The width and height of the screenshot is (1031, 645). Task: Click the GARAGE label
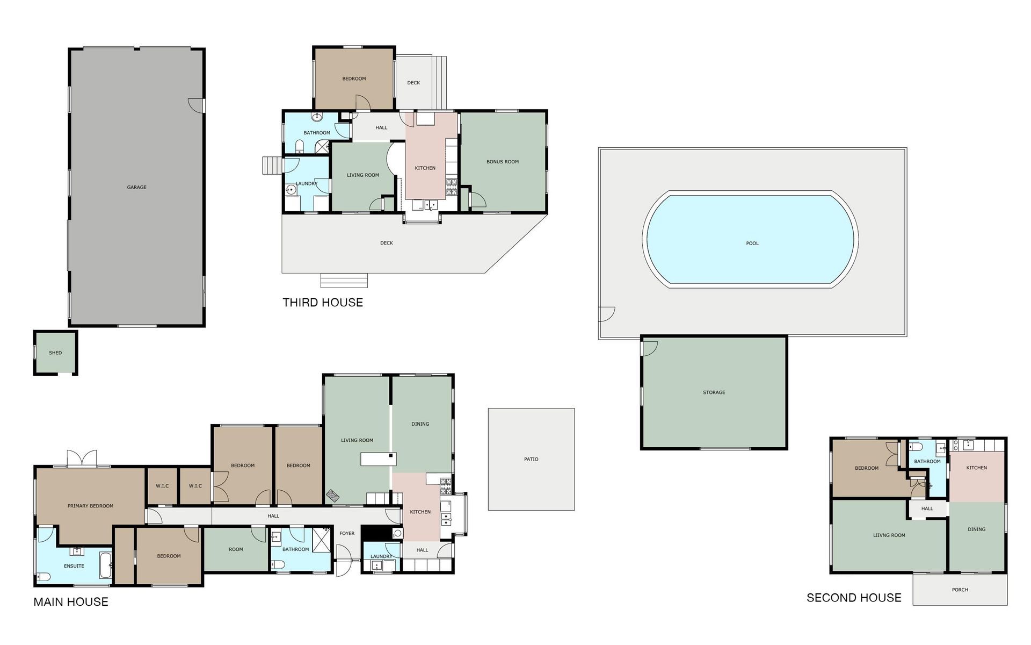(x=136, y=188)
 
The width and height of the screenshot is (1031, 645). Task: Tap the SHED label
(x=55, y=353)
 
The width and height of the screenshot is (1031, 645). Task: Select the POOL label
(x=752, y=243)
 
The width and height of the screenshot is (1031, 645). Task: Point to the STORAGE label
(x=714, y=393)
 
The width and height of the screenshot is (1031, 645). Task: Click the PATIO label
(x=531, y=460)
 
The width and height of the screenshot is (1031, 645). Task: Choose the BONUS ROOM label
(x=503, y=162)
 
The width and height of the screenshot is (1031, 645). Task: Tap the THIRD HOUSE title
(x=323, y=303)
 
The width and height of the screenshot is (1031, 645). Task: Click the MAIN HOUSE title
(x=71, y=602)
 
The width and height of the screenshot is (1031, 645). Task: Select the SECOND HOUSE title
(x=854, y=598)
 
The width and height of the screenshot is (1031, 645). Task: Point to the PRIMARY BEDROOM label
(x=90, y=506)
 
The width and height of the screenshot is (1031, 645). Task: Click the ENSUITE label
(x=74, y=566)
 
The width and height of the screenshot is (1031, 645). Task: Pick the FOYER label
(x=347, y=534)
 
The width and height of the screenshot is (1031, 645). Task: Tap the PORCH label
(x=960, y=590)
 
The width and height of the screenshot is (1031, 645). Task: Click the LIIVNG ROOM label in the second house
(x=889, y=535)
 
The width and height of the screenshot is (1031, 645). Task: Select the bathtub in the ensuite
(x=105, y=565)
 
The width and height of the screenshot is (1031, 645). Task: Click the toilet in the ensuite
(x=43, y=577)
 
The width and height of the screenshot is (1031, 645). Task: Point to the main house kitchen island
(x=379, y=459)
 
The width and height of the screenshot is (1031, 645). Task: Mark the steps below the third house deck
(x=344, y=281)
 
